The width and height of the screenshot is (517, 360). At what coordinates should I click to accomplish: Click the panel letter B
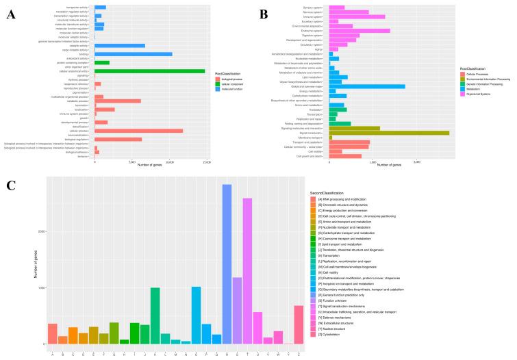(x=264, y=14)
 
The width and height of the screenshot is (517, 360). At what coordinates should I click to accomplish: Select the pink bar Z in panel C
(x=299, y=324)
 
